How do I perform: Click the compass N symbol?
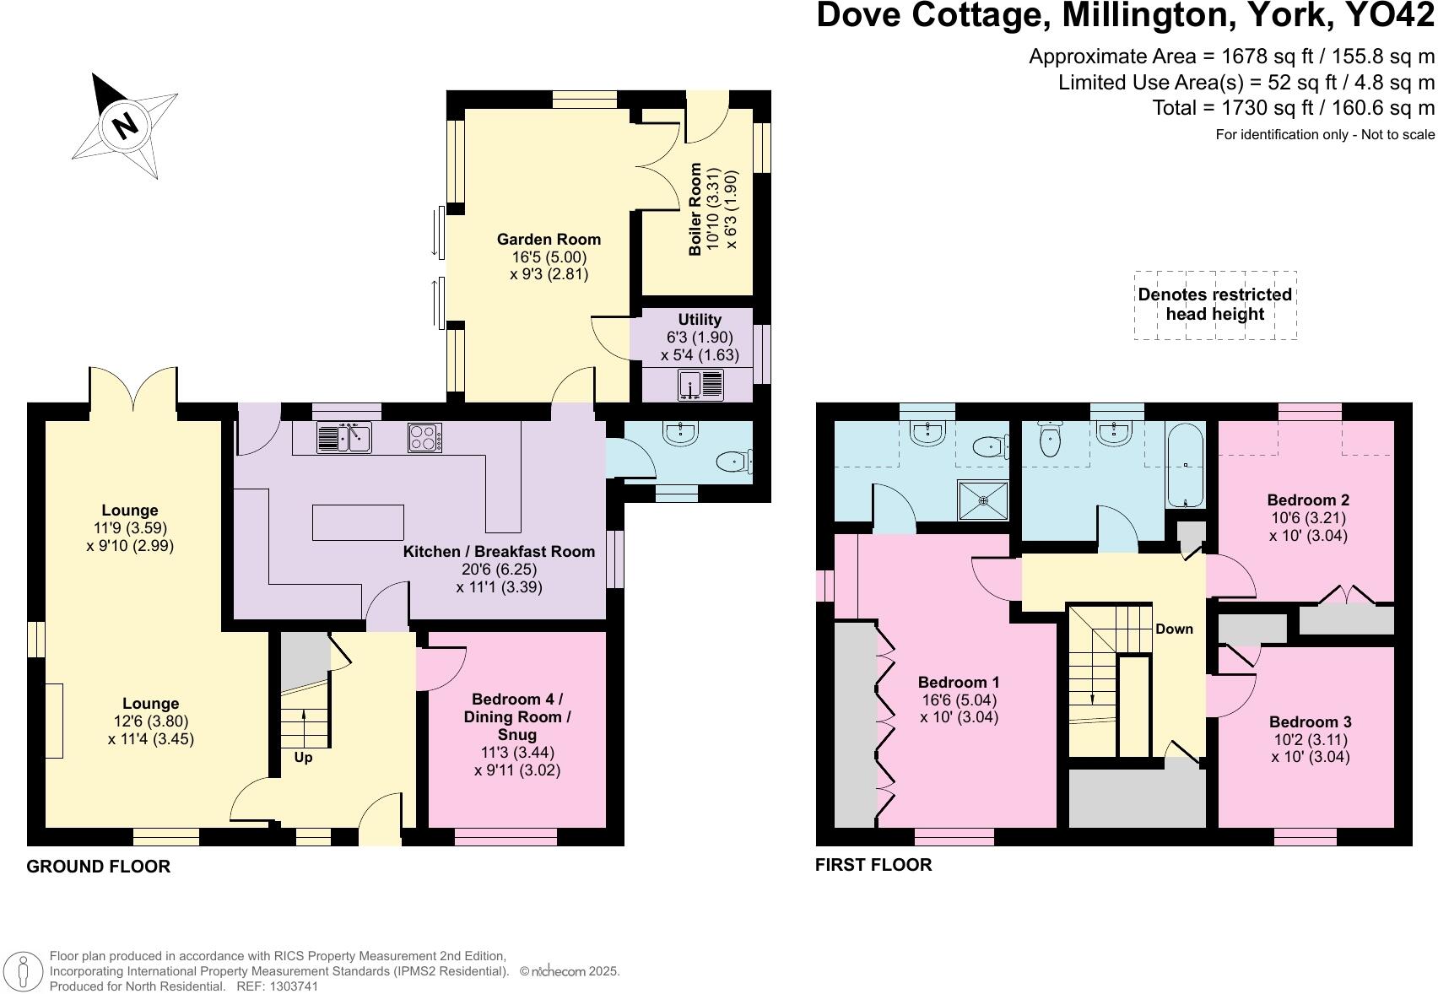coord(125,125)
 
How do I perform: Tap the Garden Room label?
coord(549,240)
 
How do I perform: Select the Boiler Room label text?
coord(696,209)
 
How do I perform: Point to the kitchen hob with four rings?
coord(424,437)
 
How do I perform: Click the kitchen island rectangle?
coord(358,522)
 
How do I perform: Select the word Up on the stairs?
coord(303,758)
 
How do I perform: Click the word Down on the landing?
coord(1174,629)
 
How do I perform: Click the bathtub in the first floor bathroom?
coord(1186,465)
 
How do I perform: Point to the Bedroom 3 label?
coord(1310,722)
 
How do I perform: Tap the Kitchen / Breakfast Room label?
coord(499,552)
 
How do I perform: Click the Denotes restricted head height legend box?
coord(1214,305)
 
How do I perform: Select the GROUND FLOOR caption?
coord(99,867)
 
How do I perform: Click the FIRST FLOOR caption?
coord(873,865)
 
